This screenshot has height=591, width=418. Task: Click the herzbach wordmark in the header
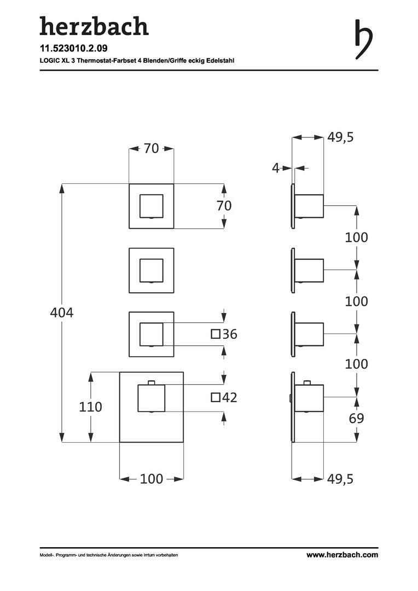pyautogui.click(x=94, y=27)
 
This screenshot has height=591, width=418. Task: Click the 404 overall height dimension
pyautogui.click(x=62, y=313)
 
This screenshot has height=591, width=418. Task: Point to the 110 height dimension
pyautogui.click(x=91, y=407)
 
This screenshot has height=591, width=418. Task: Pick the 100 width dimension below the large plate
pyautogui.click(x=151, y=479)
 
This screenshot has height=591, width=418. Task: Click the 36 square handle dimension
pyautogui.click(x=230, y=334)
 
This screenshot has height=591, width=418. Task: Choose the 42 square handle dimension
pyautogui.click(x=230, y=398)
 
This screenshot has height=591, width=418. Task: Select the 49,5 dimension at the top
pyautogui.click(x=340, y=137)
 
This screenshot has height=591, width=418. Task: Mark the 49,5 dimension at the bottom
pyautogui.click(x=340, y=479)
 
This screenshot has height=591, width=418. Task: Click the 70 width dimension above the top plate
pyautogui.click(x=151, y=148)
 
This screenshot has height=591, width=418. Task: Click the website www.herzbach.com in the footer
pyautogui.click(x=342, y=555)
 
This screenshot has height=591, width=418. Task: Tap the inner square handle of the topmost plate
pyautogui.click(x=152, y=206)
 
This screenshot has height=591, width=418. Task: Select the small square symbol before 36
pyautogui.click(x=216, y=334)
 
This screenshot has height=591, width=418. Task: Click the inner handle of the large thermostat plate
pyautogui.click(x=151, y=397)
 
